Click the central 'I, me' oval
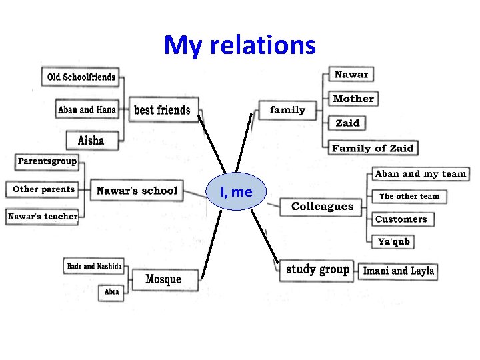[237, 192]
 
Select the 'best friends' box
[162, 110]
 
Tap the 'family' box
[288, 110]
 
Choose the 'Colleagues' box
[323, 207]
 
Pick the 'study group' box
[317, 269]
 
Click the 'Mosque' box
[163, 279]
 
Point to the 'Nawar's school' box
[137, 191]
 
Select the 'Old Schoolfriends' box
[81, 77]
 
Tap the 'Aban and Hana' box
[87, 109]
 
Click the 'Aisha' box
[91, 140]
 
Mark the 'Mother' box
[353, 99]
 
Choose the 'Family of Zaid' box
[373, 148]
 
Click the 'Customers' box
[401, 219]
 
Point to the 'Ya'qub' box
[393, 241]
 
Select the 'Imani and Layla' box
[399, 271]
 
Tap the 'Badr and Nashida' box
[94, 266]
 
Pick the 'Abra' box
[111, 291]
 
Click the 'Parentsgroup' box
[47, 161]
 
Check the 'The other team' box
[409, 196]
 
